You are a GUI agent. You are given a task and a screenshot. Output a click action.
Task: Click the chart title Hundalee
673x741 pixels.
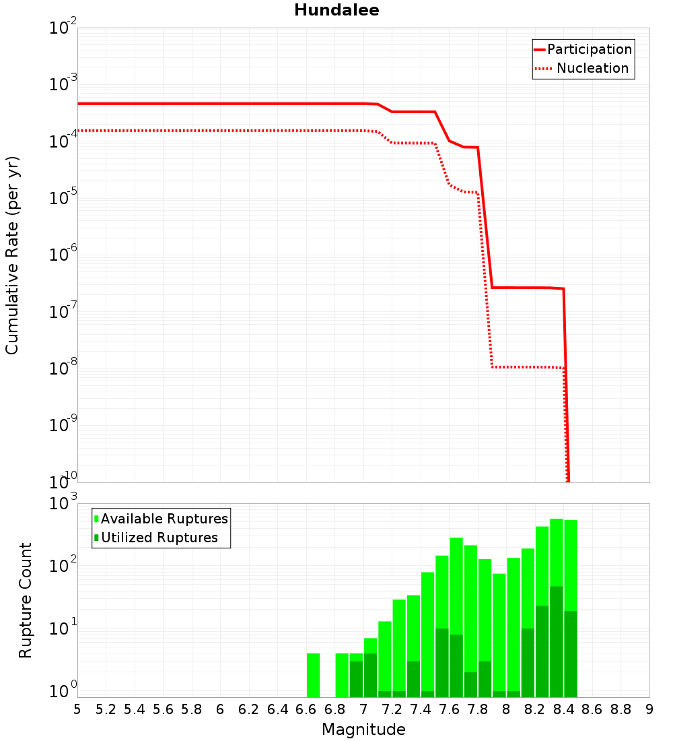coord(336,10)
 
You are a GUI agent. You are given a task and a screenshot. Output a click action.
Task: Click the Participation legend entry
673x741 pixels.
coord(589,49)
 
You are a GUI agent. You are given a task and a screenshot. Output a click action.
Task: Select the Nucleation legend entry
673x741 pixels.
coord(592,68)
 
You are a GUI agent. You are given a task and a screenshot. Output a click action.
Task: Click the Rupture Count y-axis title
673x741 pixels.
coord(26,600)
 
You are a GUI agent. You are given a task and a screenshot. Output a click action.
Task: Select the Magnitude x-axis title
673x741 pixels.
coord(363,729)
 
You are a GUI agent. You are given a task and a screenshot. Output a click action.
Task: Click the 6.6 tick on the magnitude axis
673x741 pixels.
coord(306,709)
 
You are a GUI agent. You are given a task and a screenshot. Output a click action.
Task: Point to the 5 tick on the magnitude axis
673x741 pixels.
coord(77,709)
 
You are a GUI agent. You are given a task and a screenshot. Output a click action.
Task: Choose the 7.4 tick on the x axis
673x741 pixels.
coord(421,709)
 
